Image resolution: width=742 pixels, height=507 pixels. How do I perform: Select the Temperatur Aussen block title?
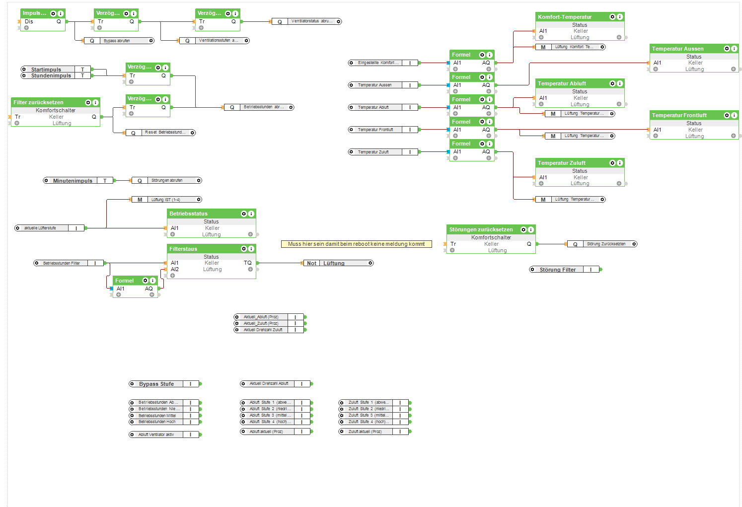678,49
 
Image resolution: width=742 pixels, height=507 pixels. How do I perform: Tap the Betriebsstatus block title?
189,214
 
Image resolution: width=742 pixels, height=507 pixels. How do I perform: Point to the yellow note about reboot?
356,244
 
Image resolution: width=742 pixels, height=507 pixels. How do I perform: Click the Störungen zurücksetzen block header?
481,229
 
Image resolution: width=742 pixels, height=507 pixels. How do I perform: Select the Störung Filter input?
558,270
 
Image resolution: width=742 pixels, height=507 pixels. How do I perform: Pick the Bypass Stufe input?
156,384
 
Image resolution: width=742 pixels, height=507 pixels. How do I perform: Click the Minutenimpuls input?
73,181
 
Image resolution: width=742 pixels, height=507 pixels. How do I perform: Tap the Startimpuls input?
46,70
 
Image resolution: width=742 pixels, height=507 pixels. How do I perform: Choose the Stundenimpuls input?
51,76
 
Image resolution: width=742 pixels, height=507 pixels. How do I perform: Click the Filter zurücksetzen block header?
39,102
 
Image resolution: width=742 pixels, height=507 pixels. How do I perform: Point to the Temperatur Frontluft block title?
679,115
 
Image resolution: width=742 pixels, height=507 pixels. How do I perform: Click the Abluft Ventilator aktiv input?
156,435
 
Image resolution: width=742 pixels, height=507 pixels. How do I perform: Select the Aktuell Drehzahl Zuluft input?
263,330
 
